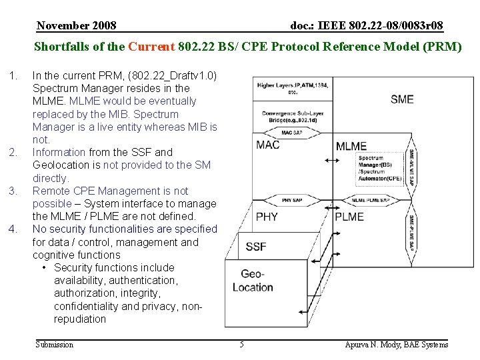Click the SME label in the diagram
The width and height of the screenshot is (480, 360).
[402, 99]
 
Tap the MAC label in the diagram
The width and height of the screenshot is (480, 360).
[269, 145]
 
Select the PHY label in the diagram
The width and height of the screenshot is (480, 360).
[267, 217]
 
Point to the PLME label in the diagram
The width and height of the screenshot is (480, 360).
[349, 217]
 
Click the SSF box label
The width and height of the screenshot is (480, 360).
[256, 247]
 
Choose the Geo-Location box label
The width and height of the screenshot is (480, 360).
[253, 281]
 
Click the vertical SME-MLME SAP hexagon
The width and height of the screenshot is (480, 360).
[413, 165]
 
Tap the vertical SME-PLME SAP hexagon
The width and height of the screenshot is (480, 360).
[412, 231]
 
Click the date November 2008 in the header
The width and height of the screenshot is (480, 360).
[77, 25]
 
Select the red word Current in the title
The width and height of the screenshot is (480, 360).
[151, 47]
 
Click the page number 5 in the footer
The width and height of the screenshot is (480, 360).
[242, 345]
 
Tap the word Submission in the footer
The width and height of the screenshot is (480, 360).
[55, 345]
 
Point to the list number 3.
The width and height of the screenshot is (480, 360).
[13, 191]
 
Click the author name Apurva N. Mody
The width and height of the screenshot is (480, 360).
[397, 345]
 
